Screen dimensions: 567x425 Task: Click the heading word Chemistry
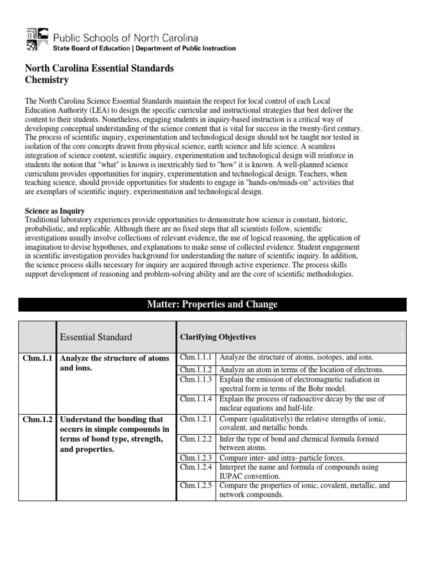click(47, 80)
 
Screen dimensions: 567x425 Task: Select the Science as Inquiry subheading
click(55, 211)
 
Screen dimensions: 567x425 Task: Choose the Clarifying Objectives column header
click(218, 337)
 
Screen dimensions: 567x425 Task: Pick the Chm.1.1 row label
click(38, 358)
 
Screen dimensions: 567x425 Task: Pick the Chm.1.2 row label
click(38, 419)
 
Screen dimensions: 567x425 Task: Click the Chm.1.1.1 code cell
click(196, 357)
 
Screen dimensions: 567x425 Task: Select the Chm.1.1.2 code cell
click(196, 369)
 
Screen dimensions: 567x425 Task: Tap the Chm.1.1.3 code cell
click(196, 379)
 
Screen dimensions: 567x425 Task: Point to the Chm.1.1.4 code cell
click(196, 399)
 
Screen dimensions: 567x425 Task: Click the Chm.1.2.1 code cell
click(196, 419)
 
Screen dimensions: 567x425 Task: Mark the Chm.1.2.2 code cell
click(196, 439)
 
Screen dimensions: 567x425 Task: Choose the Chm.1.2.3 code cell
click(196, 458)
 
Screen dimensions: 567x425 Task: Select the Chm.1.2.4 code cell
click(196, 467)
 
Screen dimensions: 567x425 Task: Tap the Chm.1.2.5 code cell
click(196, 486)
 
